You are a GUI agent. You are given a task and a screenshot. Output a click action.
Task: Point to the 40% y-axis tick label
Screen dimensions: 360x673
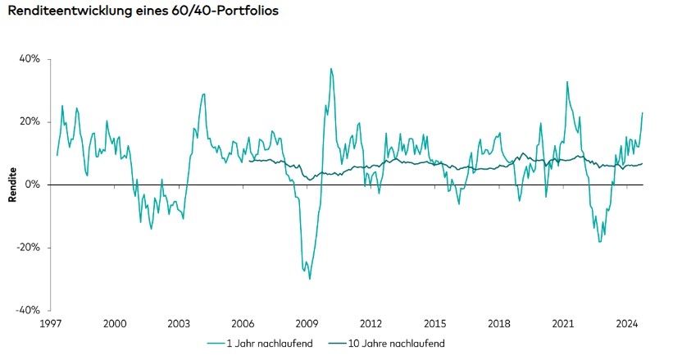pyautogui.click(x=31, y=59)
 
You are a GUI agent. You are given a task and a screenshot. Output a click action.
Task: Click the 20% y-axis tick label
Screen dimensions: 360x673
pyautogui.click(x=31, y=122)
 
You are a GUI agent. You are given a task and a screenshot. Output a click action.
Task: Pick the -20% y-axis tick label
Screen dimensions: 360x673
pyautogui.click(x=30, y=248)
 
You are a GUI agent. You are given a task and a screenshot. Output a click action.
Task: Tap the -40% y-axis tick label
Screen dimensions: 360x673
pyautogui.click(x=30, y=310)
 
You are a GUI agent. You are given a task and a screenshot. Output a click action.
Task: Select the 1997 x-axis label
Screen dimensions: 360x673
pyautogui.click(x=51, y=324)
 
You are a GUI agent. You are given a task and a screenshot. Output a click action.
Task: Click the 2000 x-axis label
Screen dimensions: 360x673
pyautogui.click(x=115, y=324)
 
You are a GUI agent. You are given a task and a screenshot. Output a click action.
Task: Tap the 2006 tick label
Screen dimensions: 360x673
pyautogui.click(x=243, y=324)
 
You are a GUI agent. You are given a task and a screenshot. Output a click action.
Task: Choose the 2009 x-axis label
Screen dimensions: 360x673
pyautogui.click(x=307, y=324)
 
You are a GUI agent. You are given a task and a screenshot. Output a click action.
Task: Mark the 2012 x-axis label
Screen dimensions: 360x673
pyautogui.click(x=371, y=324)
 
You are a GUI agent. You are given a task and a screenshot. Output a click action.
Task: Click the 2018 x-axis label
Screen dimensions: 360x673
pyautogui.click(x=498, y=324)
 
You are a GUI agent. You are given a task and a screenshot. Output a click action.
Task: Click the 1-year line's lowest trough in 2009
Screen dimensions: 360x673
pyautogui.click(x=309, y=279)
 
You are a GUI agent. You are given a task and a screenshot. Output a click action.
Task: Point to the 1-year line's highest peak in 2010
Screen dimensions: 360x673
pyautogui.click(x=331, y=69)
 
